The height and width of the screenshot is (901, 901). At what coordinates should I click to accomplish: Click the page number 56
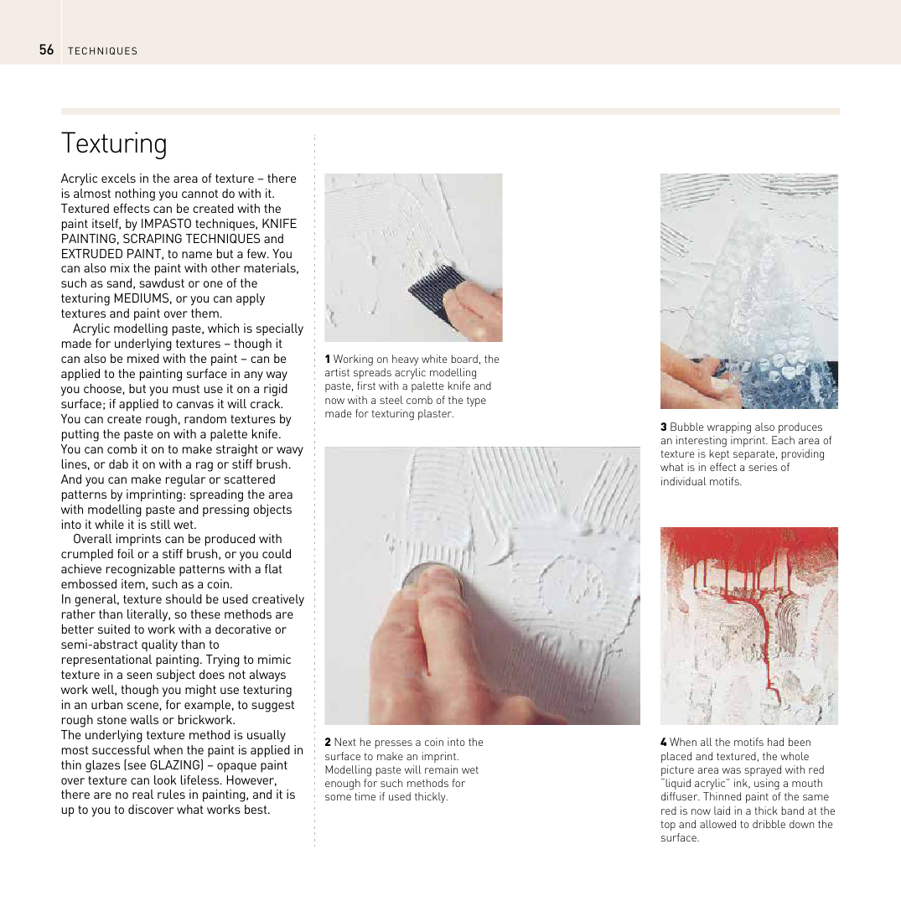tap(46, 50)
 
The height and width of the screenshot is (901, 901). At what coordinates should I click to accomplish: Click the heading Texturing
tap(114, 143)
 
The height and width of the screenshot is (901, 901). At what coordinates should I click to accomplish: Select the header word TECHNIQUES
tap(103, 51)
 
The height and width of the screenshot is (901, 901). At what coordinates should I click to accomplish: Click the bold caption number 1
tap(328, 360)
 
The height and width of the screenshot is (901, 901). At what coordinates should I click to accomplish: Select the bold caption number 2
tap(328, 743)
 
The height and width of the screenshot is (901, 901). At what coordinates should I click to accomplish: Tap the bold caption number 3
tap(663, 427)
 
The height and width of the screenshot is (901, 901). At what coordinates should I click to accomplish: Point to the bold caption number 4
tap(663, 743)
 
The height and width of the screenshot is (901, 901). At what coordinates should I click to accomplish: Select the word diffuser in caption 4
tap(681, 797)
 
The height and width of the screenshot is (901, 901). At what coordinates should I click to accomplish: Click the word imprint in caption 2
tap(439, 756)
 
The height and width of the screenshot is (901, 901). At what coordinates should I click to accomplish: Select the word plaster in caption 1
tap(434, 414)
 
